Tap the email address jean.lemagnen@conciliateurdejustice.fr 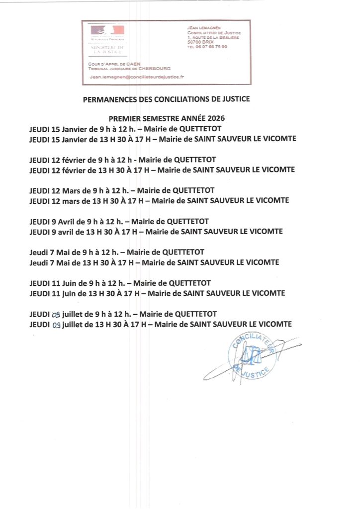coord(137,77)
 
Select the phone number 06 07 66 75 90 coord(212,47)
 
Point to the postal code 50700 coord(194,42)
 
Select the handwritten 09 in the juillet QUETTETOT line coord(56,314)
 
